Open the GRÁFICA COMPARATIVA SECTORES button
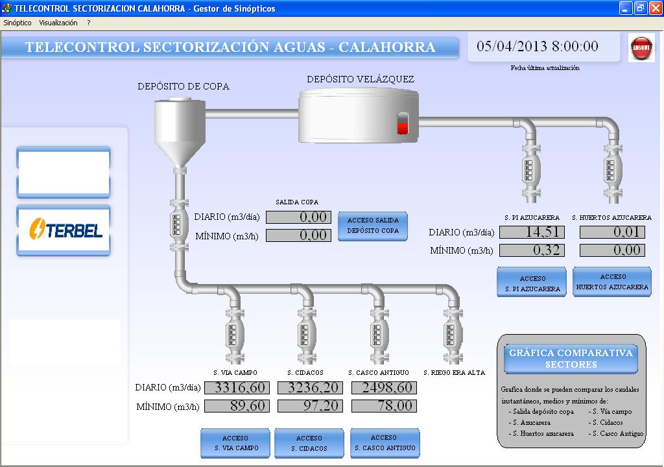(x=571, y=359)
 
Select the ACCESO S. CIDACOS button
(x=309, y=443)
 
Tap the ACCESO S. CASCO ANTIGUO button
(x=384, y=442)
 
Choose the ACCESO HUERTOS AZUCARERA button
(x=611, y=281)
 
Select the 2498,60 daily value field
(x=384, y=388)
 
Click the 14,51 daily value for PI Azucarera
(x=532, y=232)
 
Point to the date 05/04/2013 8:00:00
(x=537, y=47)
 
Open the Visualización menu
(x=58, y=23)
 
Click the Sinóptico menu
(x=18, y=23)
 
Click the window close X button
(x=654, y=8)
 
